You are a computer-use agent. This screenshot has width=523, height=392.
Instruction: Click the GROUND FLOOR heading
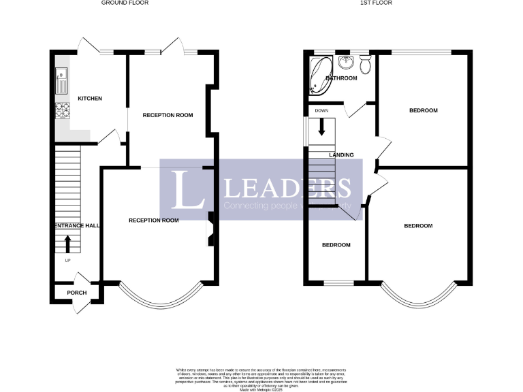[x=125, y=3]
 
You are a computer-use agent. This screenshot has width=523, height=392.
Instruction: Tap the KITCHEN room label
[x=90, y=99]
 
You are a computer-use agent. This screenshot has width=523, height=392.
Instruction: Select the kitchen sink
[x=61, y=81]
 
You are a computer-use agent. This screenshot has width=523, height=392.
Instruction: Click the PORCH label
[x=77, y=293]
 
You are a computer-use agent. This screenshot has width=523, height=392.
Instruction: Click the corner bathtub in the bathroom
[x=319, y=73]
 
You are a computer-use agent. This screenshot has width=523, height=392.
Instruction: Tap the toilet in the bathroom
[x=365, y=65]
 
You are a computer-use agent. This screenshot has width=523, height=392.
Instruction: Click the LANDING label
[x=341, y=155]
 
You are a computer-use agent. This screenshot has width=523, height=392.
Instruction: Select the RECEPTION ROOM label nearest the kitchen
[x=168, y=115]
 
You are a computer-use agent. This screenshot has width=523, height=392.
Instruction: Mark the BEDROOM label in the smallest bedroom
[x=336, y=245]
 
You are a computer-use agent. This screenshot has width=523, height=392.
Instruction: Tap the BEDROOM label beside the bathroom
[x=423, y=110]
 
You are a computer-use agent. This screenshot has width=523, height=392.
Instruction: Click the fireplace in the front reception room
[x=212, y=229]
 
